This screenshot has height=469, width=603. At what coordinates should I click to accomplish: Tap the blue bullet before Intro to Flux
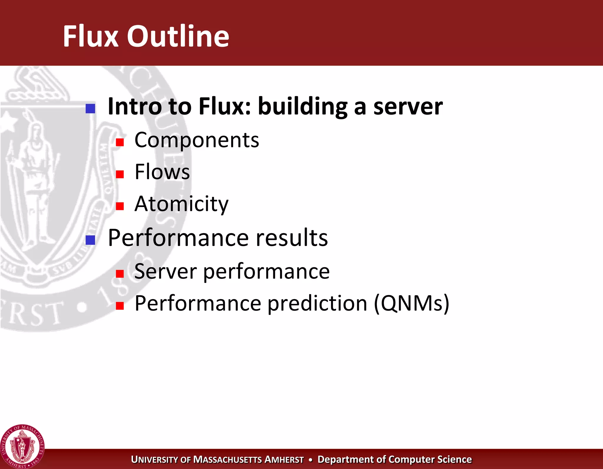click(90, 109)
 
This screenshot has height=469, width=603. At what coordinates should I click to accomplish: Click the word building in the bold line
click(303, 107)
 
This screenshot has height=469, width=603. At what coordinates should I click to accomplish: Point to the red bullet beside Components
click(120, 142)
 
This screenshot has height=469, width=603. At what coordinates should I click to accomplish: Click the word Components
click(197, 140)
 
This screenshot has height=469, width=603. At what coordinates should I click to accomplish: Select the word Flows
click(162, 172)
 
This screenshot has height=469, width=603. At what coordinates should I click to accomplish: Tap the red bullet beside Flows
click(120, 174)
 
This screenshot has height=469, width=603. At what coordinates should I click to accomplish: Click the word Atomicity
click(181, 204)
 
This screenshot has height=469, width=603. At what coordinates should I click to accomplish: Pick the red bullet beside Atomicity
click(120, 206)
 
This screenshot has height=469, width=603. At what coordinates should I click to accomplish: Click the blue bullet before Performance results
click(90, 240)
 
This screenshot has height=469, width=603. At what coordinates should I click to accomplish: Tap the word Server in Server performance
click(165, 271)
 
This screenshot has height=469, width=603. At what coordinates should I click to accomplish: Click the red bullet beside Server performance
click(120, 274)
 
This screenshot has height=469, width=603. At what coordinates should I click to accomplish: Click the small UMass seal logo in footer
click(22, 446)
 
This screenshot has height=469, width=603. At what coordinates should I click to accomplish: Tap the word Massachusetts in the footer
click(227, 460)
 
